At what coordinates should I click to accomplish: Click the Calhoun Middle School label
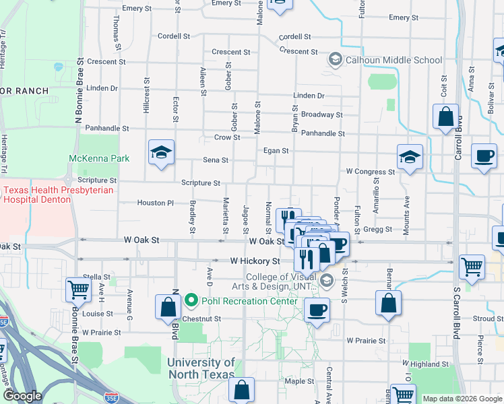tap(393, 60)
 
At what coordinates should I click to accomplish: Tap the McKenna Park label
tap(98, 159)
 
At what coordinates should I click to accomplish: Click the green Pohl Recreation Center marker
tap(191, 300)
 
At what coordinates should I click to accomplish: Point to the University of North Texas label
tap(201, 368)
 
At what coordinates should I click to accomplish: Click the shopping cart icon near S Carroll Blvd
tap(472, 266)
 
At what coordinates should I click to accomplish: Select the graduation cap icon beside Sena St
tap(162, 153)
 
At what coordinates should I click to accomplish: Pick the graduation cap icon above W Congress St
tap(410, 158)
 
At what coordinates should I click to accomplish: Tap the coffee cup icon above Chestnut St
tap(316, 310)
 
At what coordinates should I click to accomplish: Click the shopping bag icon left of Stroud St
tap(389, 303)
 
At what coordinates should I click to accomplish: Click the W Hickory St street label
tap(255, 261)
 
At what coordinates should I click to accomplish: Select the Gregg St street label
tap(377, 230)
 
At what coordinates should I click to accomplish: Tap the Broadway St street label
tap(321, 115)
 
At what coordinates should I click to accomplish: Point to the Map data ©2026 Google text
tap(462, 399)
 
